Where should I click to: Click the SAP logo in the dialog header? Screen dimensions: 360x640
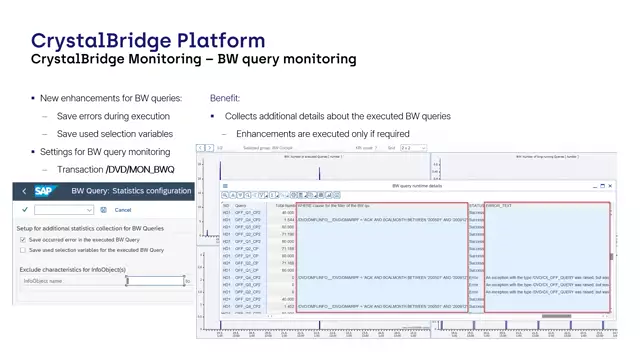[x=46, y=190]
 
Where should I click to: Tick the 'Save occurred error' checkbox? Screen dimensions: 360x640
[x=23, y=240]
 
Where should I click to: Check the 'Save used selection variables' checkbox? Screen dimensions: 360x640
[x=23, y=250]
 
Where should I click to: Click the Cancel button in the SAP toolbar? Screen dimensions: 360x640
[x=123, y=210]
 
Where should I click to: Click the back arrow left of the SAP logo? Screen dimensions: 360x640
[x=23, y=190]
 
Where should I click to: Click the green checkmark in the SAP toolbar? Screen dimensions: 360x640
[x=24, y=210]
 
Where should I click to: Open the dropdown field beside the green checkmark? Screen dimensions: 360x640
[x=64, y=210]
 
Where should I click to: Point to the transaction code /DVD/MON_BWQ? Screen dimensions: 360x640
[x=140, y=169]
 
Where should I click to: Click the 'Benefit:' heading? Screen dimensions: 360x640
[x=225, y=98]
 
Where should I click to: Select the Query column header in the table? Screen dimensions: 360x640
[x=241, y=205]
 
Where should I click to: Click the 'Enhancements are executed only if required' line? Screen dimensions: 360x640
[x=323, y=134]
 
